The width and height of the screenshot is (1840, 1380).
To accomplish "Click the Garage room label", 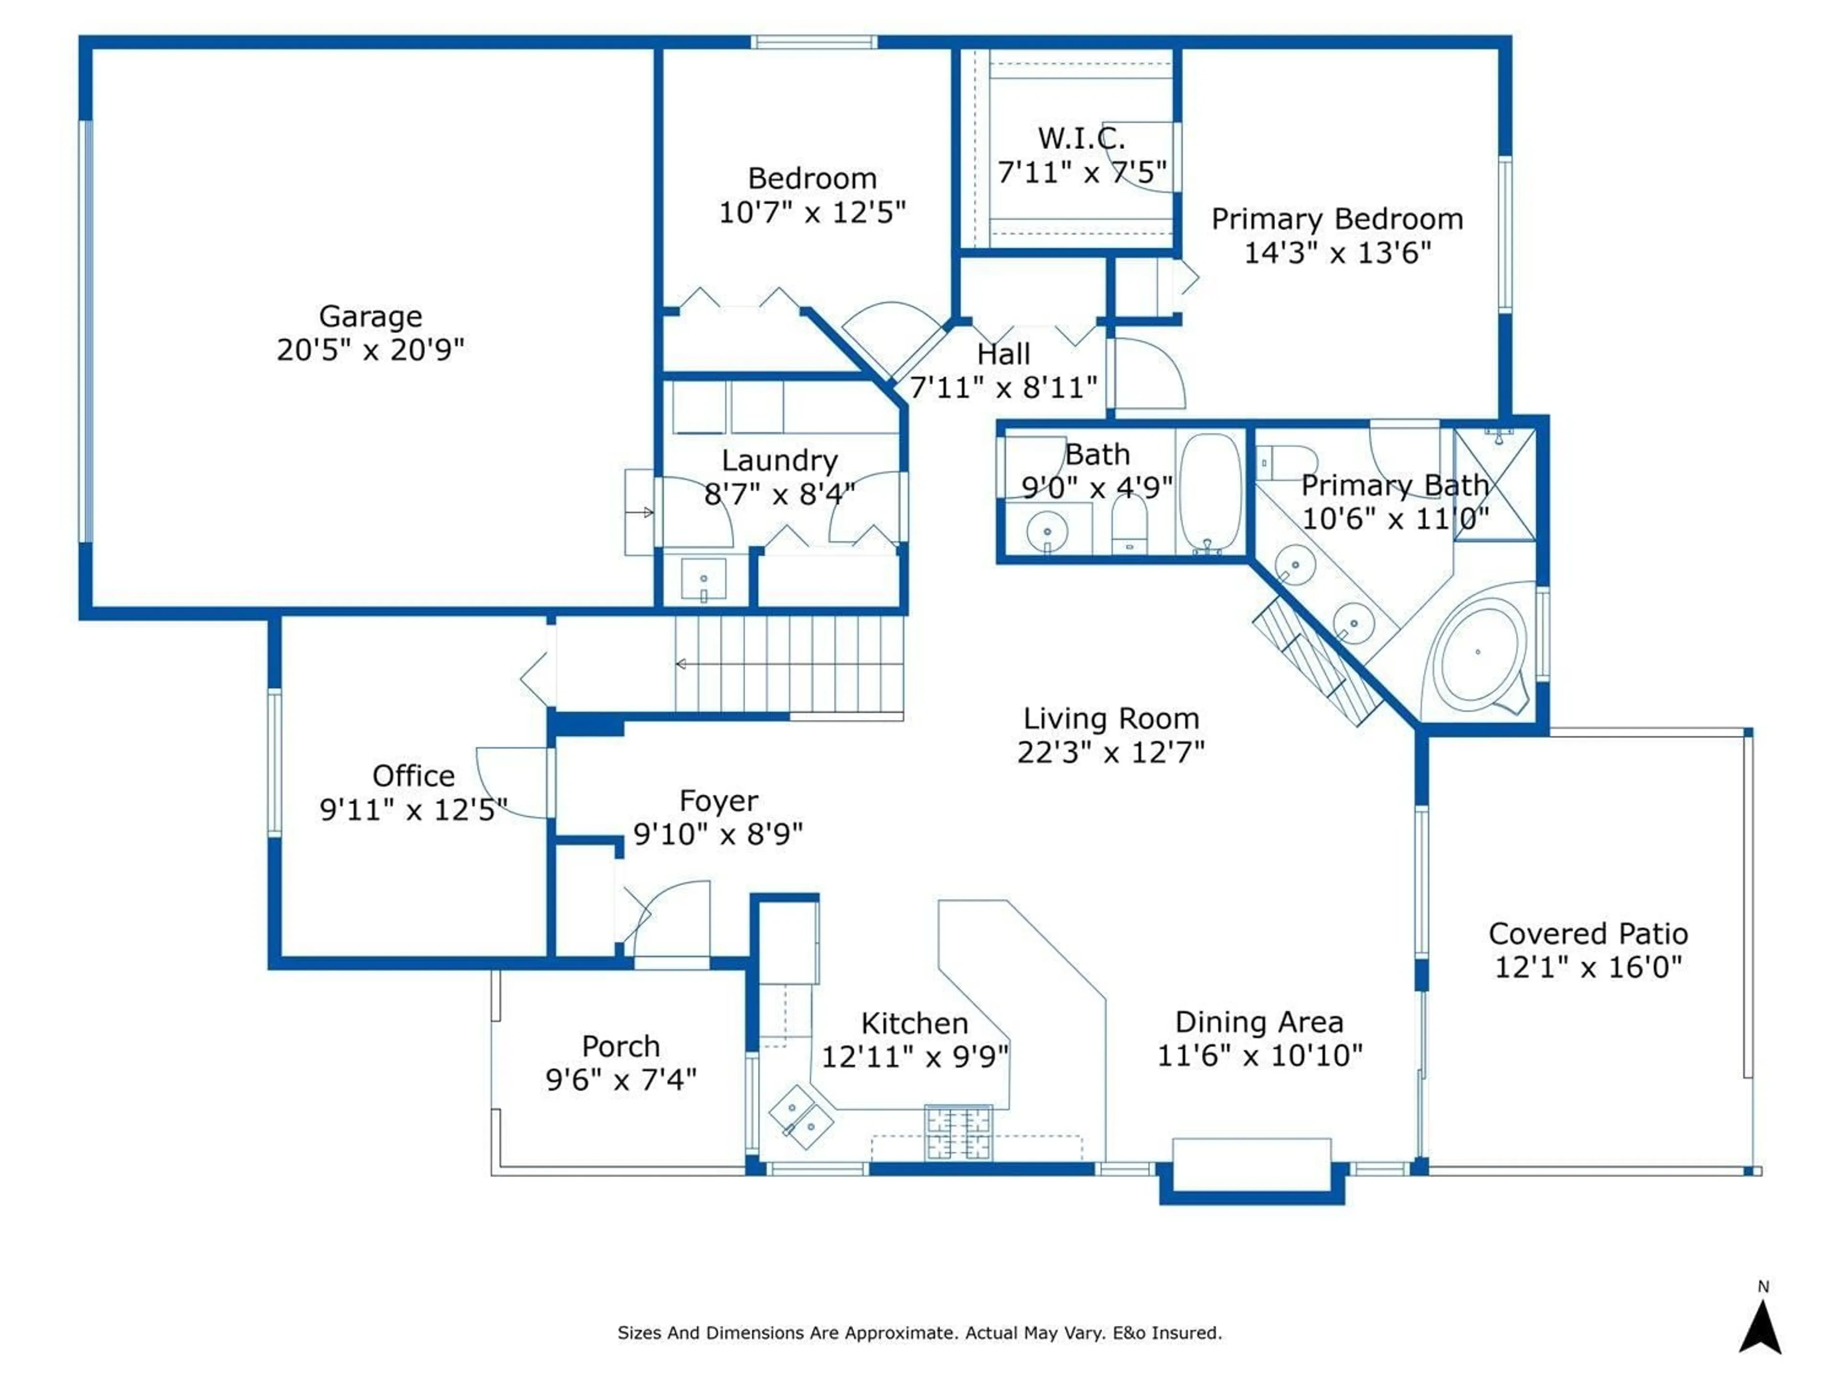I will click(x=370, y=317).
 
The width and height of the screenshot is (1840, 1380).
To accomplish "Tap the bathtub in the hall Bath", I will click(x=1210, y=493).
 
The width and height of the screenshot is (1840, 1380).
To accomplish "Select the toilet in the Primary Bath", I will click(x=1285, y=462).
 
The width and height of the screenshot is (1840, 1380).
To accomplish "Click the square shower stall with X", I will click(x=1495, y=485).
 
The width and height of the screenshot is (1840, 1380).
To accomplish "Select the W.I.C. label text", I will click(x=1081, y=138).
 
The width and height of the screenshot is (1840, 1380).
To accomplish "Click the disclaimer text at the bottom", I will click(x=919, y=1333).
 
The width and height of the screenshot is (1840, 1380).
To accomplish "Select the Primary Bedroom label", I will click(x=1337, y=219).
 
